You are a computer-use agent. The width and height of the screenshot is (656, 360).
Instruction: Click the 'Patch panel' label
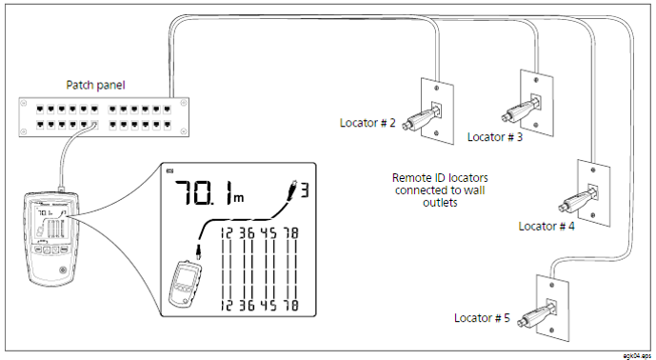click(98, 85)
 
